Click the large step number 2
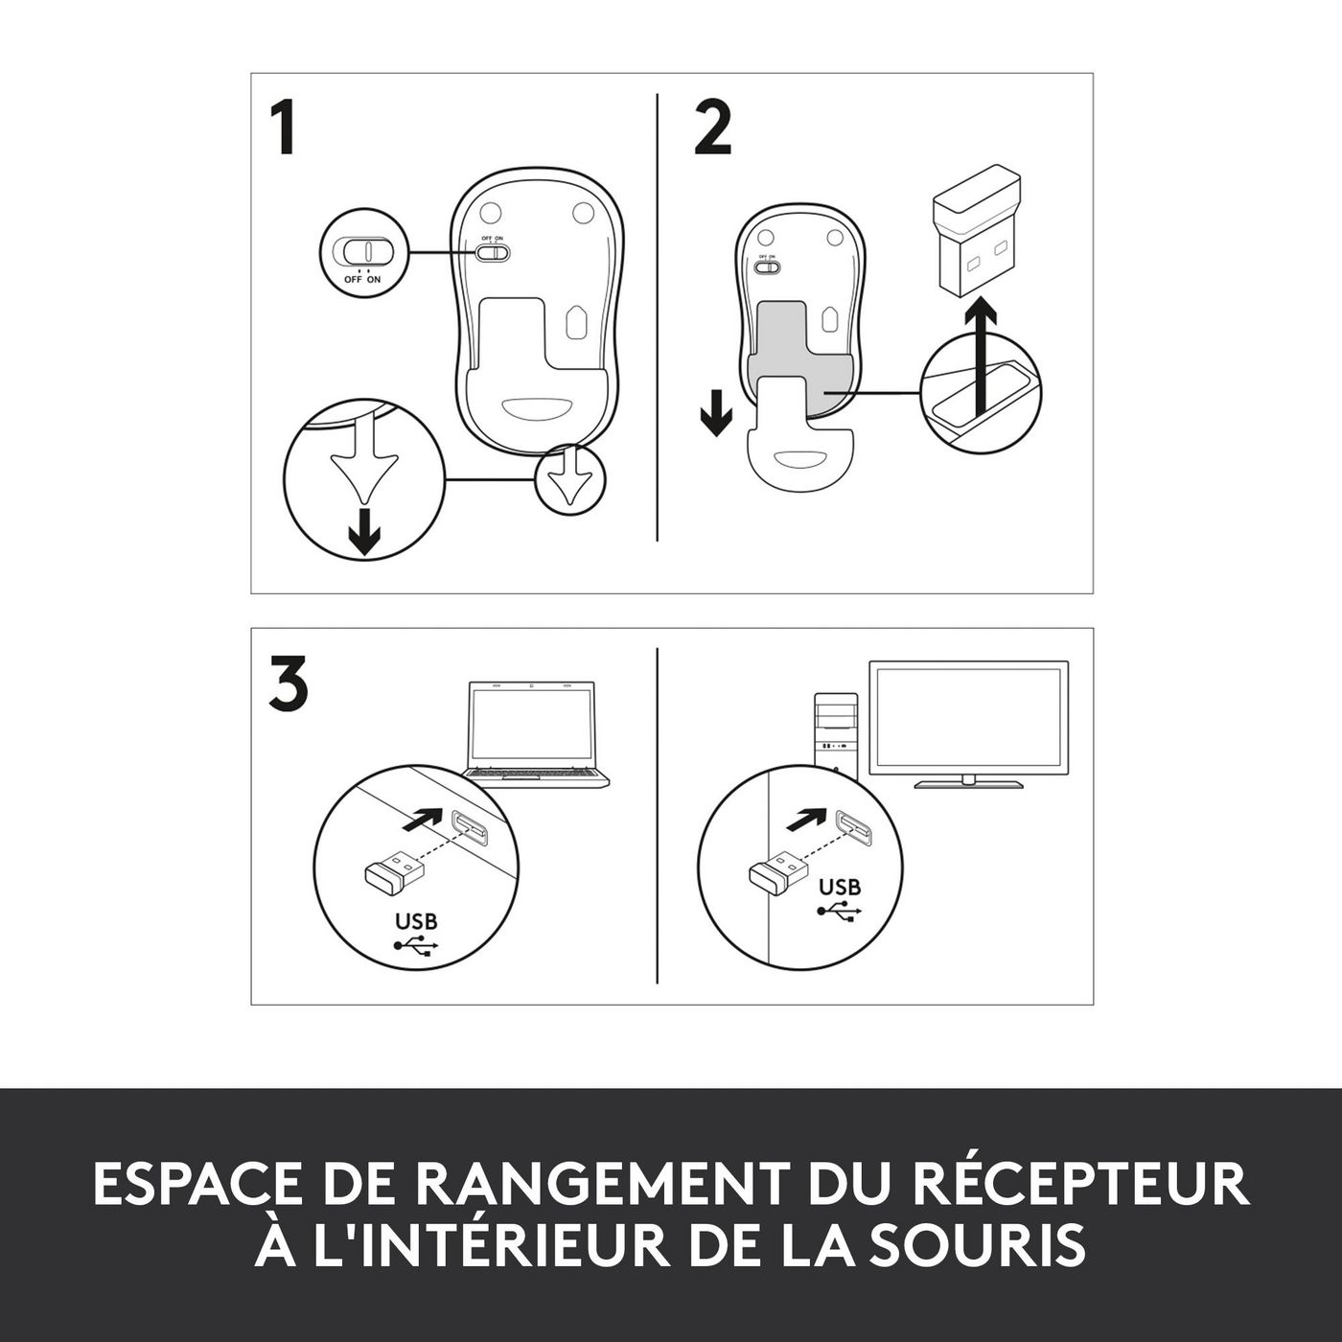(712, 128)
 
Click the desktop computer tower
(836, 731)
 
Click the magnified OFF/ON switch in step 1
(360, 250)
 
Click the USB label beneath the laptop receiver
(416, 921)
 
